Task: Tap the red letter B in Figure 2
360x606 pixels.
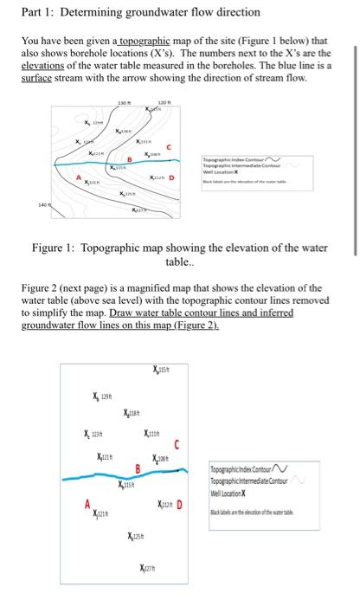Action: pos(137,470)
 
